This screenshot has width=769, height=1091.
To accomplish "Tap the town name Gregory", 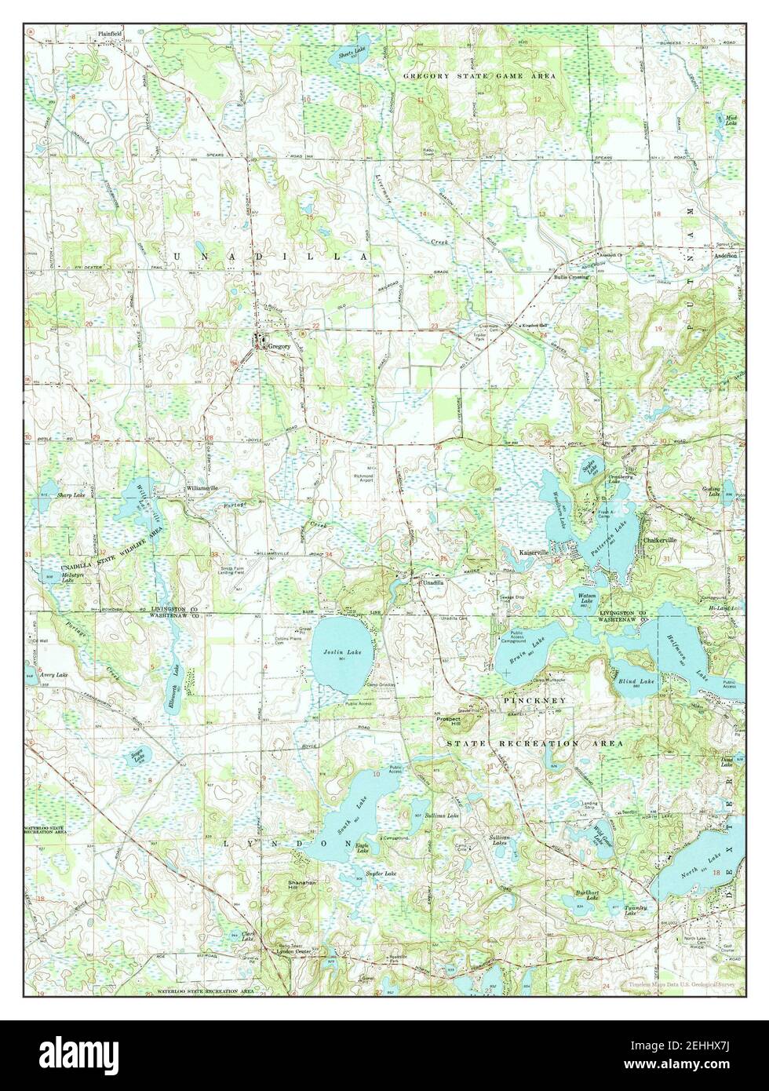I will tap(279, 345).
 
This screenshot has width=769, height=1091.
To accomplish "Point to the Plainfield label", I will tap(111, 34).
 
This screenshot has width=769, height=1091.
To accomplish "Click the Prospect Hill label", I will tap(452, 720).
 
